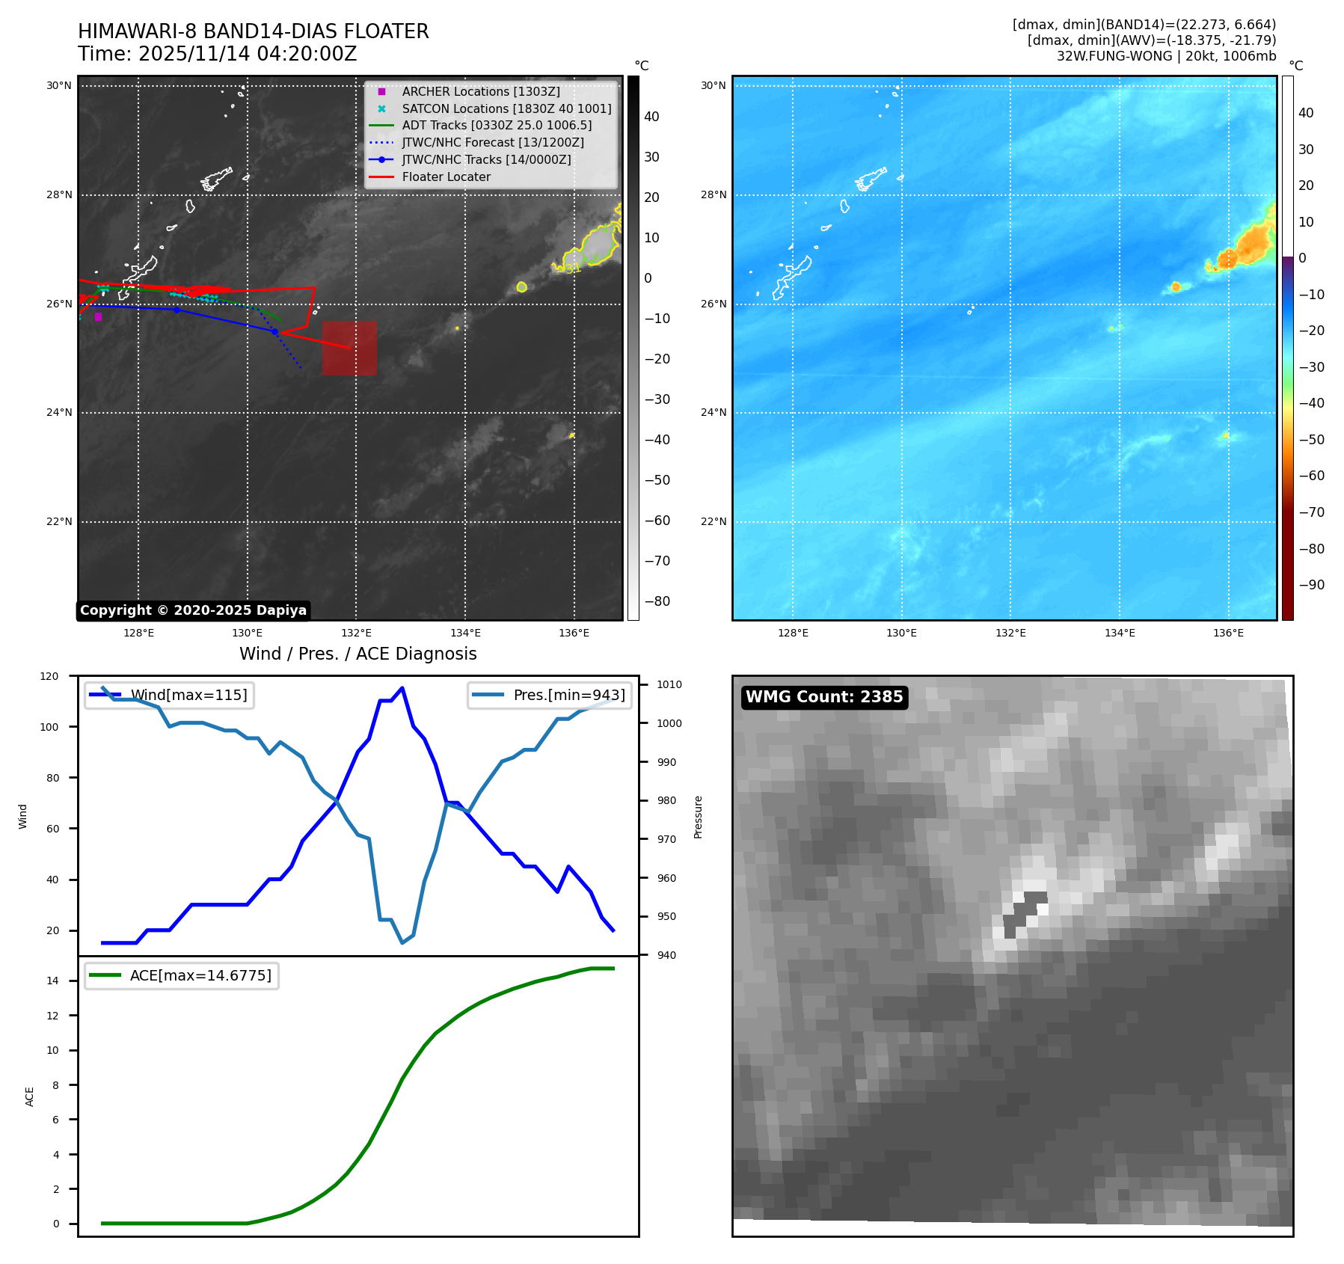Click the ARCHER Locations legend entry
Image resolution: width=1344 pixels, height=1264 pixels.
[480, 91]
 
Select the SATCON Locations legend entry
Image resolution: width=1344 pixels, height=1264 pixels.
[506, 108]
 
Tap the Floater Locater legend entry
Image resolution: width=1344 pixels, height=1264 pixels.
[446, 177]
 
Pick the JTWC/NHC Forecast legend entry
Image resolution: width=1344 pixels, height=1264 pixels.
[492, 142]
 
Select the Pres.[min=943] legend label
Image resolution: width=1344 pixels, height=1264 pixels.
[568, 695]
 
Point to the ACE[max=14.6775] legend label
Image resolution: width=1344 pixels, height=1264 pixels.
[200, 975]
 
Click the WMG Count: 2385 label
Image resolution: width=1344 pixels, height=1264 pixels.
[823, 697]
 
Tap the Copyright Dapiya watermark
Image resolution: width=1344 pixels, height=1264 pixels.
[193, 610]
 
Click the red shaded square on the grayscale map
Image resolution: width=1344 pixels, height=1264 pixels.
[349, 348]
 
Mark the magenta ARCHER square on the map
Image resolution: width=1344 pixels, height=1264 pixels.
[98, 317]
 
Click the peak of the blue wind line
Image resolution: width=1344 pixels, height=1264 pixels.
[402, 688]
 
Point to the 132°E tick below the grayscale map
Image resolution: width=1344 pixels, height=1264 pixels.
[356, 633]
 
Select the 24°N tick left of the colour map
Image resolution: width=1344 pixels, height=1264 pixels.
[713, 412]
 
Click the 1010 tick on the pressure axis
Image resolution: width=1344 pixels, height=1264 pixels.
[669, 684]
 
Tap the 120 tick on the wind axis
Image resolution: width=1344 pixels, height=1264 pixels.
[49, 676]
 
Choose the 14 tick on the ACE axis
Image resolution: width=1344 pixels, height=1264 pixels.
[52, 981]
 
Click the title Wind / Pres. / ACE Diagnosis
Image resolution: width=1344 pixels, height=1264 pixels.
[358, 654]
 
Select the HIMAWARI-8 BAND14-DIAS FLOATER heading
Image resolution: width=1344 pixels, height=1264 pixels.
[253, 31]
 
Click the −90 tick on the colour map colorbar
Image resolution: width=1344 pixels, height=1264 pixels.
[1311, 585]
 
